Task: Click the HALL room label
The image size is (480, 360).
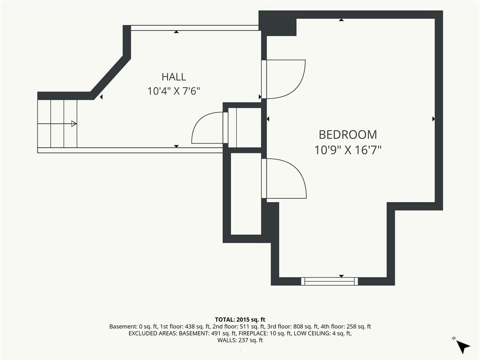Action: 173,76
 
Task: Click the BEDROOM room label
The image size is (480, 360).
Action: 348,135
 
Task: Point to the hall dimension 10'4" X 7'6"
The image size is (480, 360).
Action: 173,91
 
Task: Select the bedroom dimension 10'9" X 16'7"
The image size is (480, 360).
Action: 348,150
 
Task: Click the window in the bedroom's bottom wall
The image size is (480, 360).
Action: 330,281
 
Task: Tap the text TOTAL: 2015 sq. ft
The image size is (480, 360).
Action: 240,320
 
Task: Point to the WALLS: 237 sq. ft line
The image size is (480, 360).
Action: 240,340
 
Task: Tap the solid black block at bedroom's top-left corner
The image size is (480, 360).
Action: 277,23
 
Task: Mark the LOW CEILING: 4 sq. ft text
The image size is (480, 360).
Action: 322,333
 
